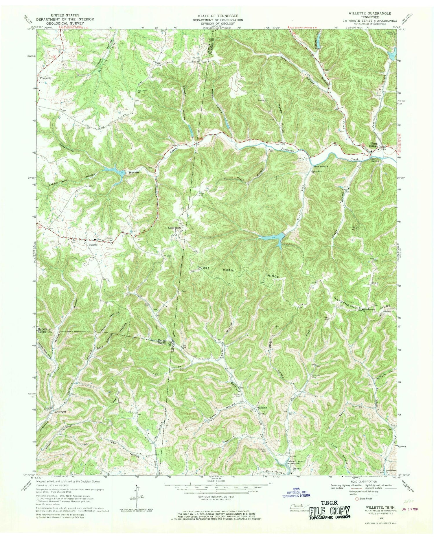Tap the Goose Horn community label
tap(174, 228)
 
